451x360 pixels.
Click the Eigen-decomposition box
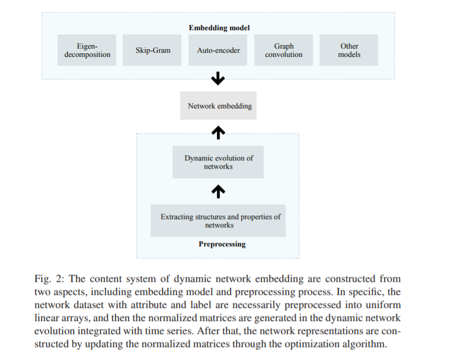(x=88, y=50)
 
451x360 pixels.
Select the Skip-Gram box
(x=153, y=50)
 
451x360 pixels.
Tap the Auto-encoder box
(x=218, y=50)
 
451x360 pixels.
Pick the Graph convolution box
(x=284, y=50)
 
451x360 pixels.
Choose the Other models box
(x=349, y=50)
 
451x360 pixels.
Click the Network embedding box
(x=219, y=106)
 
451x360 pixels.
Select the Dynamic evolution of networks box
(x=218, y=162)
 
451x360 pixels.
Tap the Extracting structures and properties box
(x=219, y=221)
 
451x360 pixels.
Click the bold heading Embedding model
(x=219, y=28)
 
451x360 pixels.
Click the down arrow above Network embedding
(x=219, y=78)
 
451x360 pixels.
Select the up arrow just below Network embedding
(x=219, y=133)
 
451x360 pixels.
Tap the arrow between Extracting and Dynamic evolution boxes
(x=219, y=191)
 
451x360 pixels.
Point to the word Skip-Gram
(x=153, y=50)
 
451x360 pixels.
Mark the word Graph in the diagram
(x=284, y=46)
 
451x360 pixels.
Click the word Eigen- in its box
(x=87, y=46)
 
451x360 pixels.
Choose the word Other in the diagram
(x=349, y=46)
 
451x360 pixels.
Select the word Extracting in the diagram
(x=177, y=217)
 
